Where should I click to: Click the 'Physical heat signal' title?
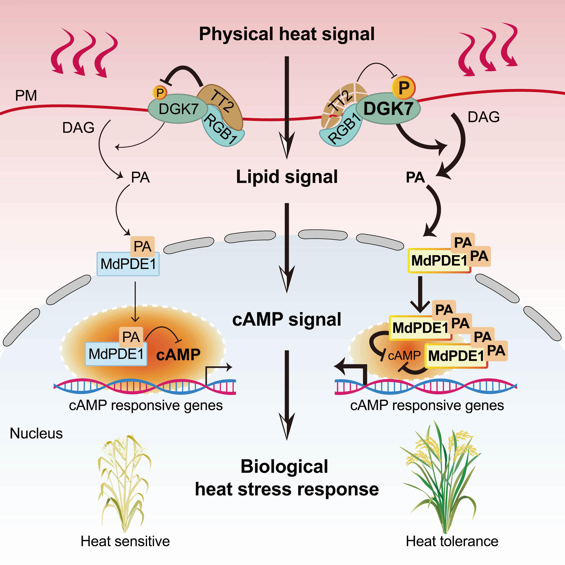coord(286,34)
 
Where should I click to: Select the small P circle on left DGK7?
coord(160,93)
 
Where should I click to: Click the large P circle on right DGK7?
coord(404,88)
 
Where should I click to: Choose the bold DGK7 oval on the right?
coord(388,109)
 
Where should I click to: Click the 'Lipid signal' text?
coord(286,177)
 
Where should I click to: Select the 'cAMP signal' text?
coord(286,319)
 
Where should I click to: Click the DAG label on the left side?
coord(78,128)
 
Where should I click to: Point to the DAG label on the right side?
coord(484,117)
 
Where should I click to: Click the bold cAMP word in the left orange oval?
coord(178,355)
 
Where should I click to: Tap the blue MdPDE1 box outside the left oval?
coord(128,264)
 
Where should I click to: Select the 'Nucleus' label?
coord(36,433)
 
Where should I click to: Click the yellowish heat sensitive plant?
coord(124,483)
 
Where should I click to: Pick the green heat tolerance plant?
coord(442,480)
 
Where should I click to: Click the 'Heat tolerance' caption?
coord(452,541)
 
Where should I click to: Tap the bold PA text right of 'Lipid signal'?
coord(415,177)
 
